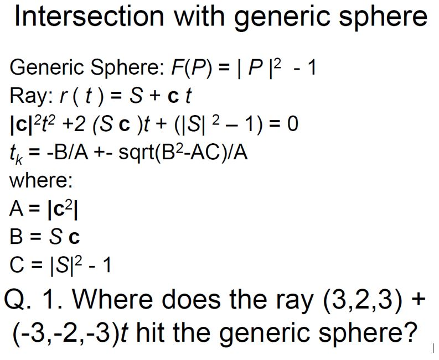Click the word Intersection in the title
point(89,17)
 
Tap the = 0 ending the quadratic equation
point(287,123)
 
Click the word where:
point(41,180)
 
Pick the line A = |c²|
point(47,208)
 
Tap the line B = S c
point(45,237)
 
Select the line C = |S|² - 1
point(61,265)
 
